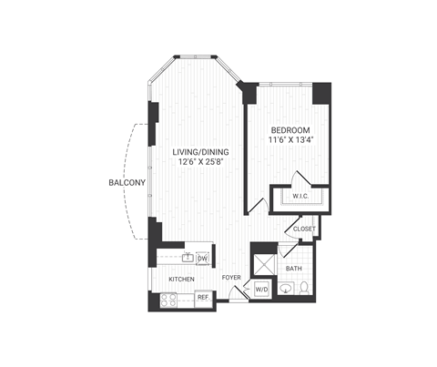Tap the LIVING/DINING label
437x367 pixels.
pyautogui.click(x=198, y=151)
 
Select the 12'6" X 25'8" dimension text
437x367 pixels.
pyautogui.click(x=199, y=162)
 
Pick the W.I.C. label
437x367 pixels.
pyautogui.click(x=300, y=197)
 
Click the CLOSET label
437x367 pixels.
pyautogui.click(x=303, y=229)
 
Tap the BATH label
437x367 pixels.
pyautogui.click(x=294, y=269)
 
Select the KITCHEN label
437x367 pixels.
pyautogui.click(x=180, y=279)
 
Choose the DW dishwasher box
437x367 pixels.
pyautogui.click(x=201, y=259)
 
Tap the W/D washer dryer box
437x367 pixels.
pyautogui.click(x=260, y=290)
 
